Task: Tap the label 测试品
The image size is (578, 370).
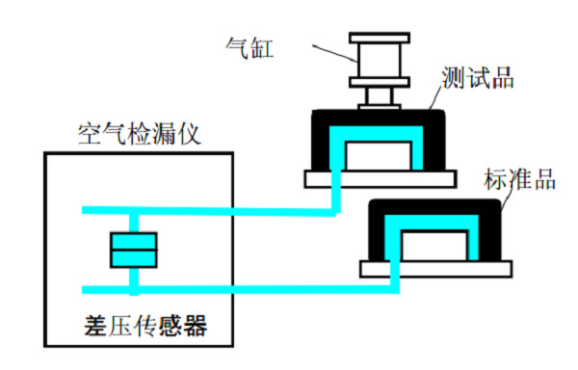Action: [480, 77]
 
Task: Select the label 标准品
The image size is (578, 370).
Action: [519, 180]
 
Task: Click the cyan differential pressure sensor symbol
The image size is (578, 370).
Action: [133, 251]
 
